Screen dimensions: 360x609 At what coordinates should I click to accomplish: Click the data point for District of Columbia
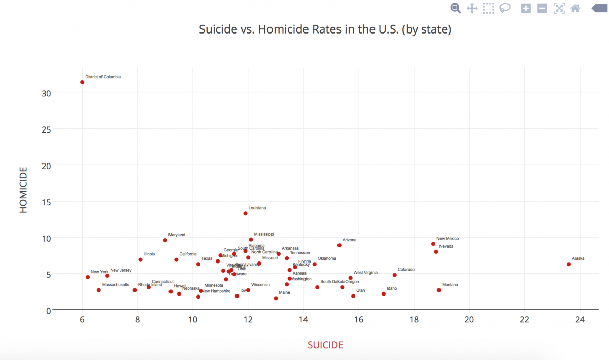[82, 82]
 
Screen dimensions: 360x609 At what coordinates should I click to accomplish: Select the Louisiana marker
[245, 213]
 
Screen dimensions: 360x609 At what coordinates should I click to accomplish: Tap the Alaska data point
[569, 264]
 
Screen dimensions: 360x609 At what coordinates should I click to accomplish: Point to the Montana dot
[439, 290]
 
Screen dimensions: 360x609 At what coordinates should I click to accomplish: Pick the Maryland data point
[165, 240]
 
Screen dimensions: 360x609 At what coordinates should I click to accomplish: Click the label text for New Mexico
[448, 239]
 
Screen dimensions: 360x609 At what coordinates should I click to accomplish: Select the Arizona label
[349, 240]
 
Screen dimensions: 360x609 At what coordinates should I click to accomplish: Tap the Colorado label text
[406, 270]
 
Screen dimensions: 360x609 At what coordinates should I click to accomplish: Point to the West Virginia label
[365, 273]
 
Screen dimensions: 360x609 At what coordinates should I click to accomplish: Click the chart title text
[325, 29]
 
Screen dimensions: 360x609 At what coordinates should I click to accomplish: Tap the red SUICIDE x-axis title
[325, 345]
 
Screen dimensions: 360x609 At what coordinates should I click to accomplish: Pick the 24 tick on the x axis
[580, 320]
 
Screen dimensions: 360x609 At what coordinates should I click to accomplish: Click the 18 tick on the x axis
[414, 320]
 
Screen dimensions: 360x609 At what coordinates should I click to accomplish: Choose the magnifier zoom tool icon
[455, 8]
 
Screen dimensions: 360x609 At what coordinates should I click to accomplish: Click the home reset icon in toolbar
[575, 8]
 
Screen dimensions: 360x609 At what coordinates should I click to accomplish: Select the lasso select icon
[505, 8]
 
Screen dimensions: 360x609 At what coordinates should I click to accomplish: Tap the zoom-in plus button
[526, 8]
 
